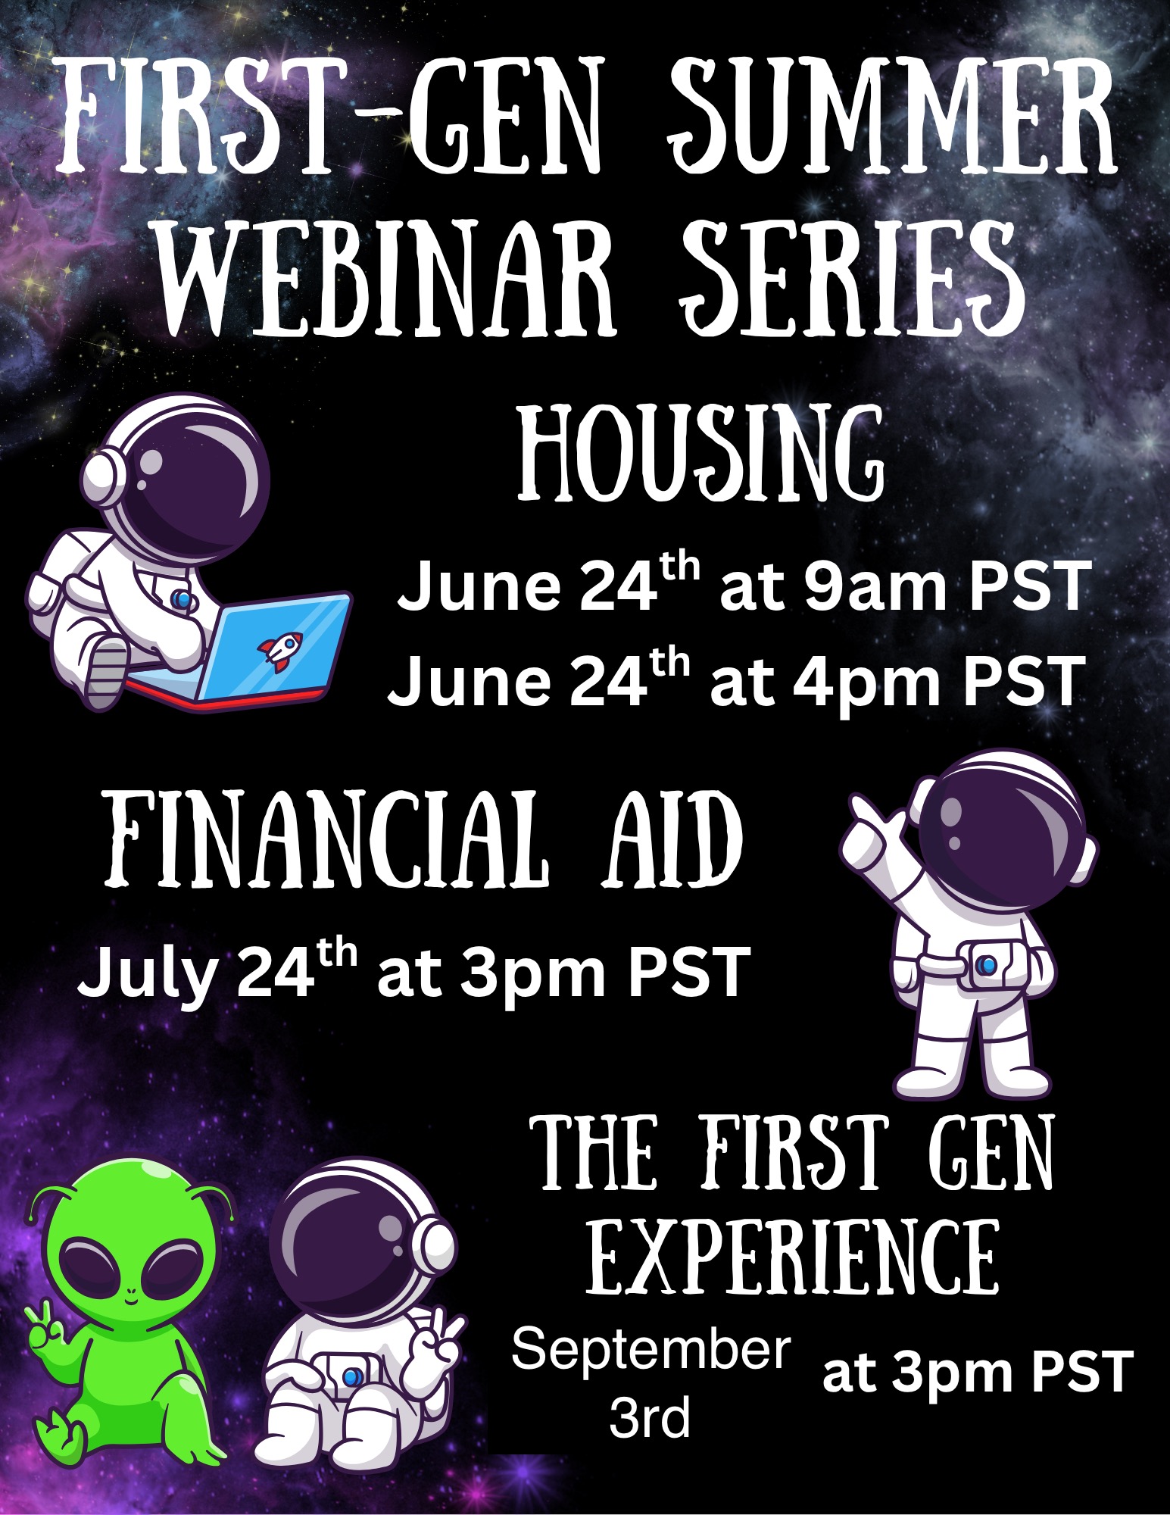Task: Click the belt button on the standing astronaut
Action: pos(987,965)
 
